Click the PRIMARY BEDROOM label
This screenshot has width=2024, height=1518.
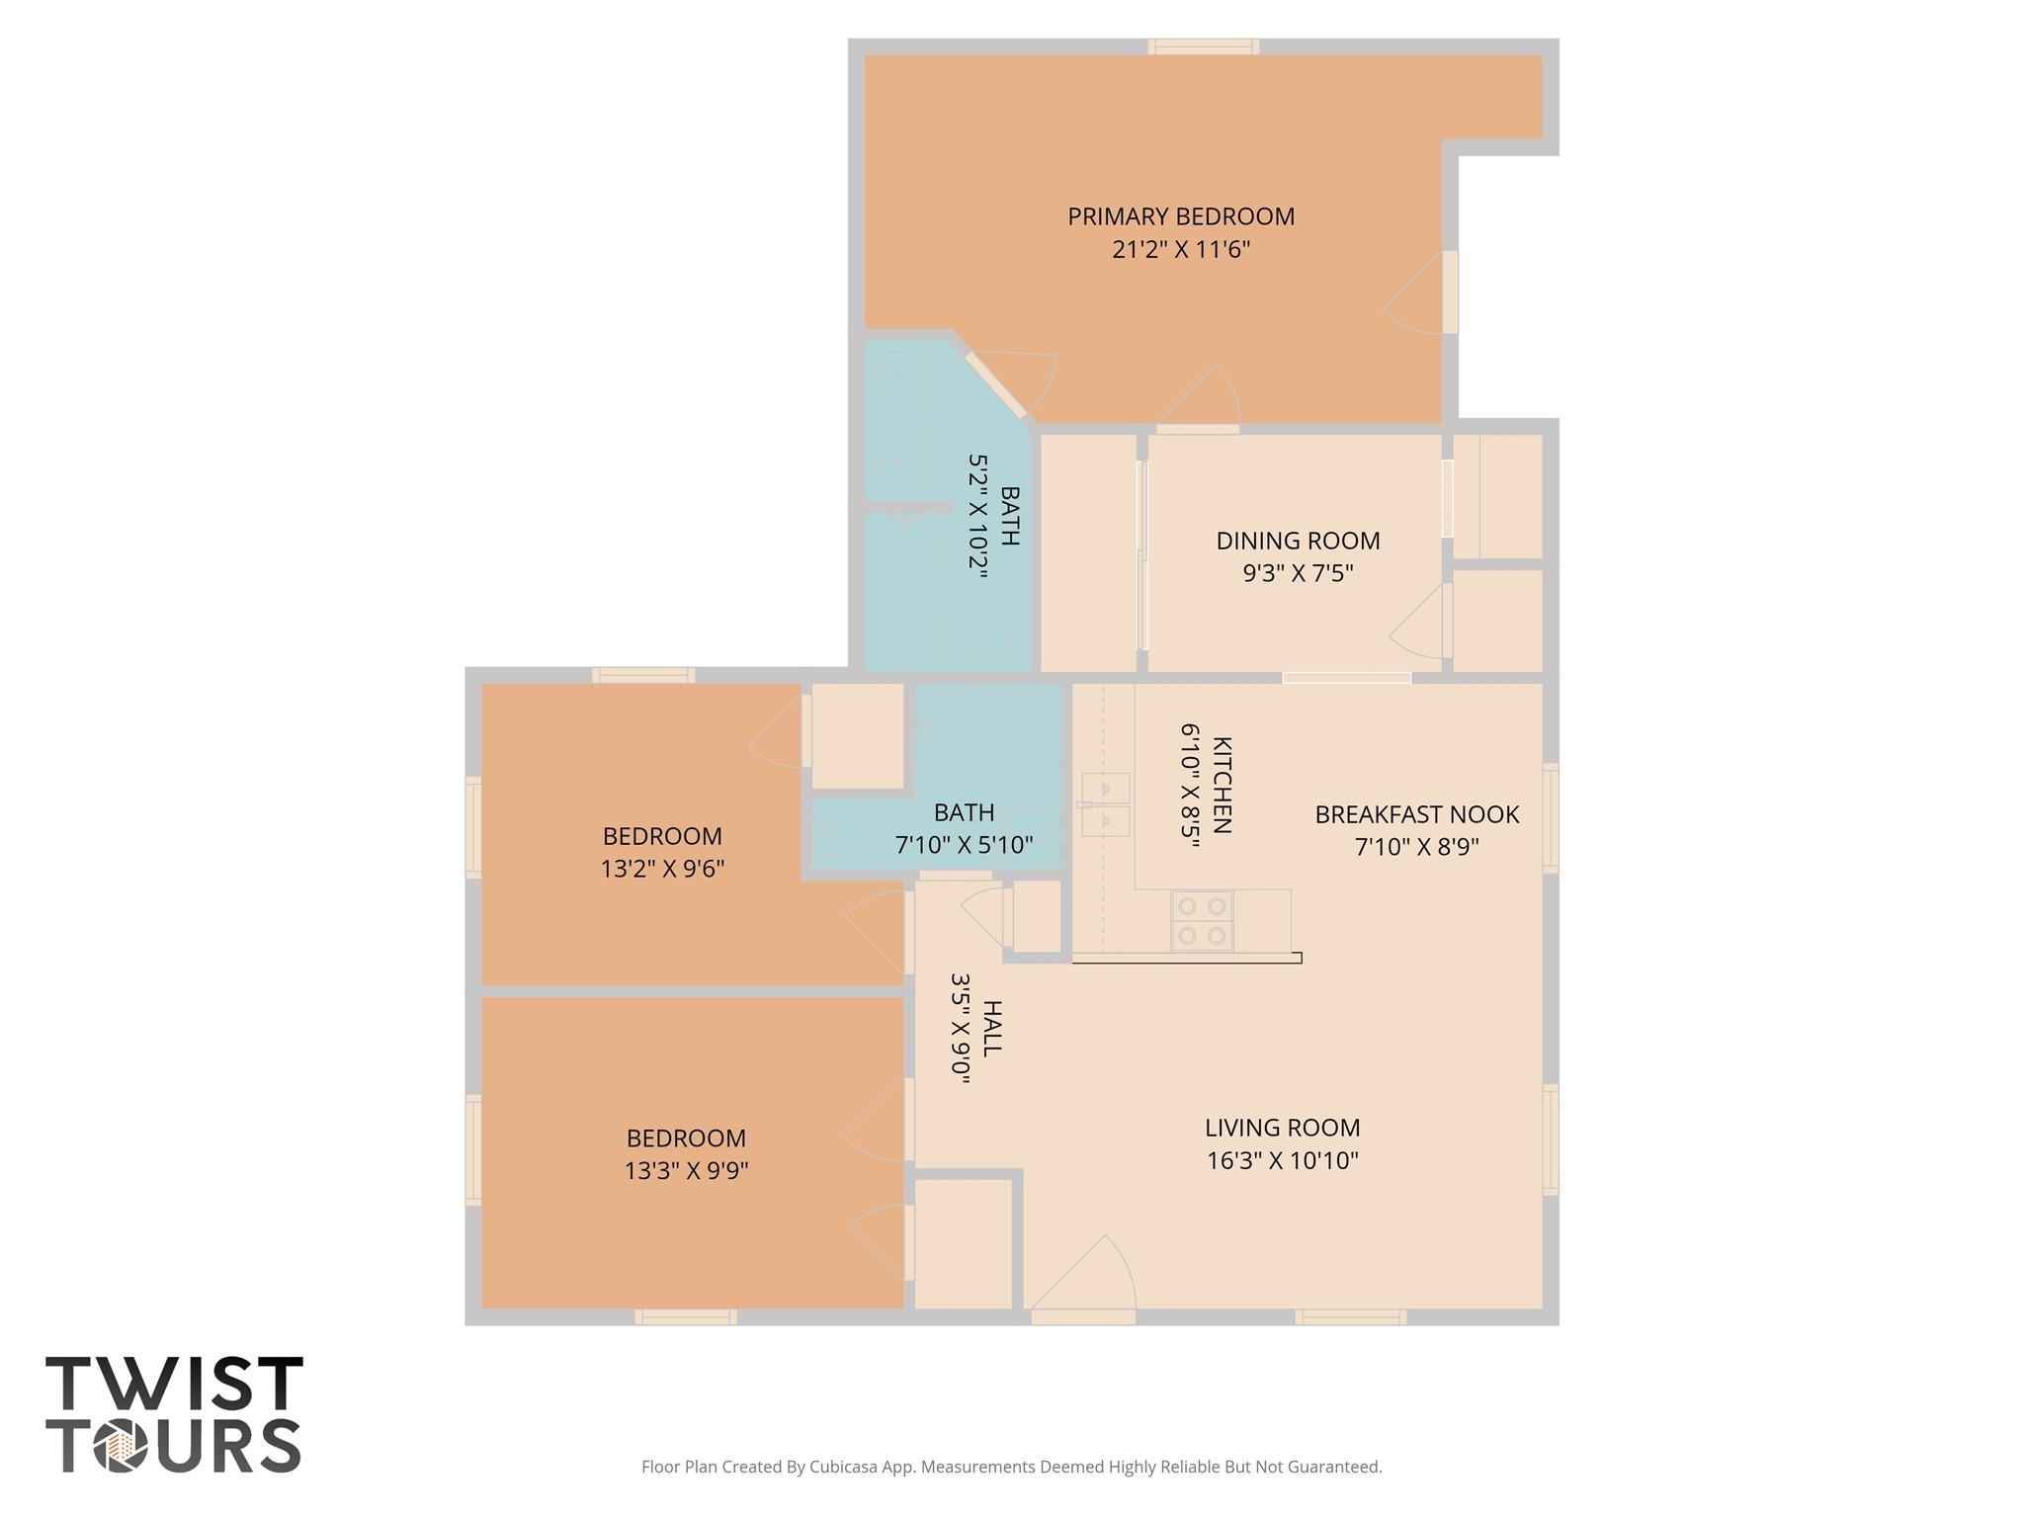tap(1180, 216)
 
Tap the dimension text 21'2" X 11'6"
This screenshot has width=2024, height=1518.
tap(1180, 249)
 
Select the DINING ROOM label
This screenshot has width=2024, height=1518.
tap(1297, 541)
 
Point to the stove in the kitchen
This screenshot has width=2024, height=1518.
tap(1201, 920)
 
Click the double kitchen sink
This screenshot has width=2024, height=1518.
tap(1105, 804)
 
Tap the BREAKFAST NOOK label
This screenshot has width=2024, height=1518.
tap(1416, 814)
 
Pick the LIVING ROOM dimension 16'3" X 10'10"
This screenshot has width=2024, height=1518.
tap(1282, 1160)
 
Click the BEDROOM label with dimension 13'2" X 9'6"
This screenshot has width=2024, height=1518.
tap(662, 836)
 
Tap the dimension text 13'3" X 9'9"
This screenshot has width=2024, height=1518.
tap(686, 1171)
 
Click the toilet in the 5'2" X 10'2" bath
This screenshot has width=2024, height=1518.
tap(987, 632)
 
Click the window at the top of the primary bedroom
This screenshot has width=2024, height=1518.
tap(1203, 46)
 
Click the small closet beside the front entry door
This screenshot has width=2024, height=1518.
tap(963, 1243)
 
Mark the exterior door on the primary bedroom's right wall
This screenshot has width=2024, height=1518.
tap(1449, 292)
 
